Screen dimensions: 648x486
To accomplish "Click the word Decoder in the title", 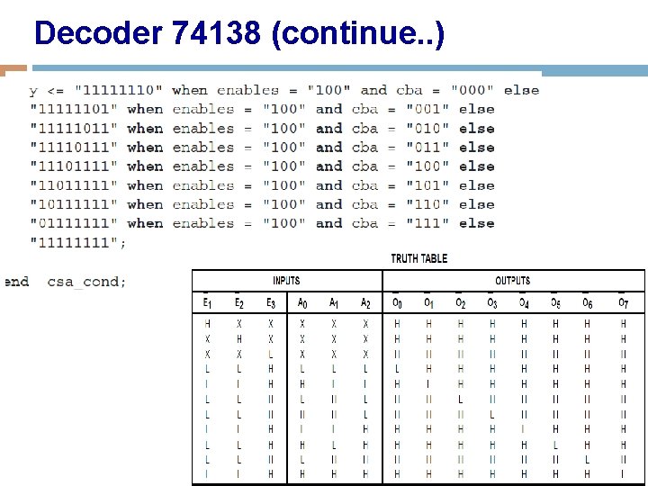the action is click(x=96, y=34).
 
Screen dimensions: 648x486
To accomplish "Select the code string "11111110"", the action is click(x=119, y=90).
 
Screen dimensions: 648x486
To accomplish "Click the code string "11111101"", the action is click(x=74, y=109).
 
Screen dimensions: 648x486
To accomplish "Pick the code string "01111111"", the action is click(x=74, y=223).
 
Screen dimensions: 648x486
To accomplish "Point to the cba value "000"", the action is click(x=469, y=90).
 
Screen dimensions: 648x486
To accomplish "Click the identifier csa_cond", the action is click(x=86, y=282).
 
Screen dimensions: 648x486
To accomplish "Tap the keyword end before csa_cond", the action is click(x=16, y=282).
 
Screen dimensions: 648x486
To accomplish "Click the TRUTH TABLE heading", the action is click(x=418, y=259).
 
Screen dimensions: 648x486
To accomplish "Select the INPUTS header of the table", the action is click(x=286, y=281).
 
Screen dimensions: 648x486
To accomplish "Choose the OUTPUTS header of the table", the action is click(x=512, y=281).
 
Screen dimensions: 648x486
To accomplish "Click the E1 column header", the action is click(x=208, y=304).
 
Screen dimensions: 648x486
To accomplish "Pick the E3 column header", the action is click(x=271, y=304).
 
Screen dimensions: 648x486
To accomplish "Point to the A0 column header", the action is click(x=301, y=304).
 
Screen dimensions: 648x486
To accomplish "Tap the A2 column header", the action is click(x=364, y=304).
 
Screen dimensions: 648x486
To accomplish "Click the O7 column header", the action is click(x=623, y=304).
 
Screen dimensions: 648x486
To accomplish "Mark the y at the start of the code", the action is click(x=33, y=91).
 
